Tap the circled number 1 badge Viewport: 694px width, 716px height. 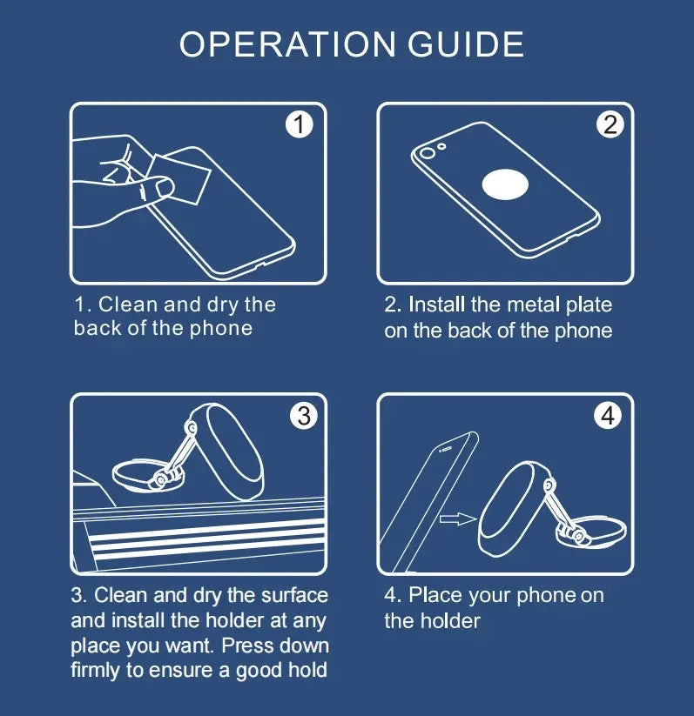click(299, 125)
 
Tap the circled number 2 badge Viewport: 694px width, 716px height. click(610, 125)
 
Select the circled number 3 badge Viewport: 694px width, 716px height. click(303, 416)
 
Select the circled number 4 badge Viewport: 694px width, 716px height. click(608, 416)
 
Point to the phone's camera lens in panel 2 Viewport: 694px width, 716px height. click(426, 155)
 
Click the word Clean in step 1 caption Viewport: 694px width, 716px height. click(129, 304)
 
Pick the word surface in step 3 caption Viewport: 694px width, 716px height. click(292, 595)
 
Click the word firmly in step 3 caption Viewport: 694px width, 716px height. click(99, 670)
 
